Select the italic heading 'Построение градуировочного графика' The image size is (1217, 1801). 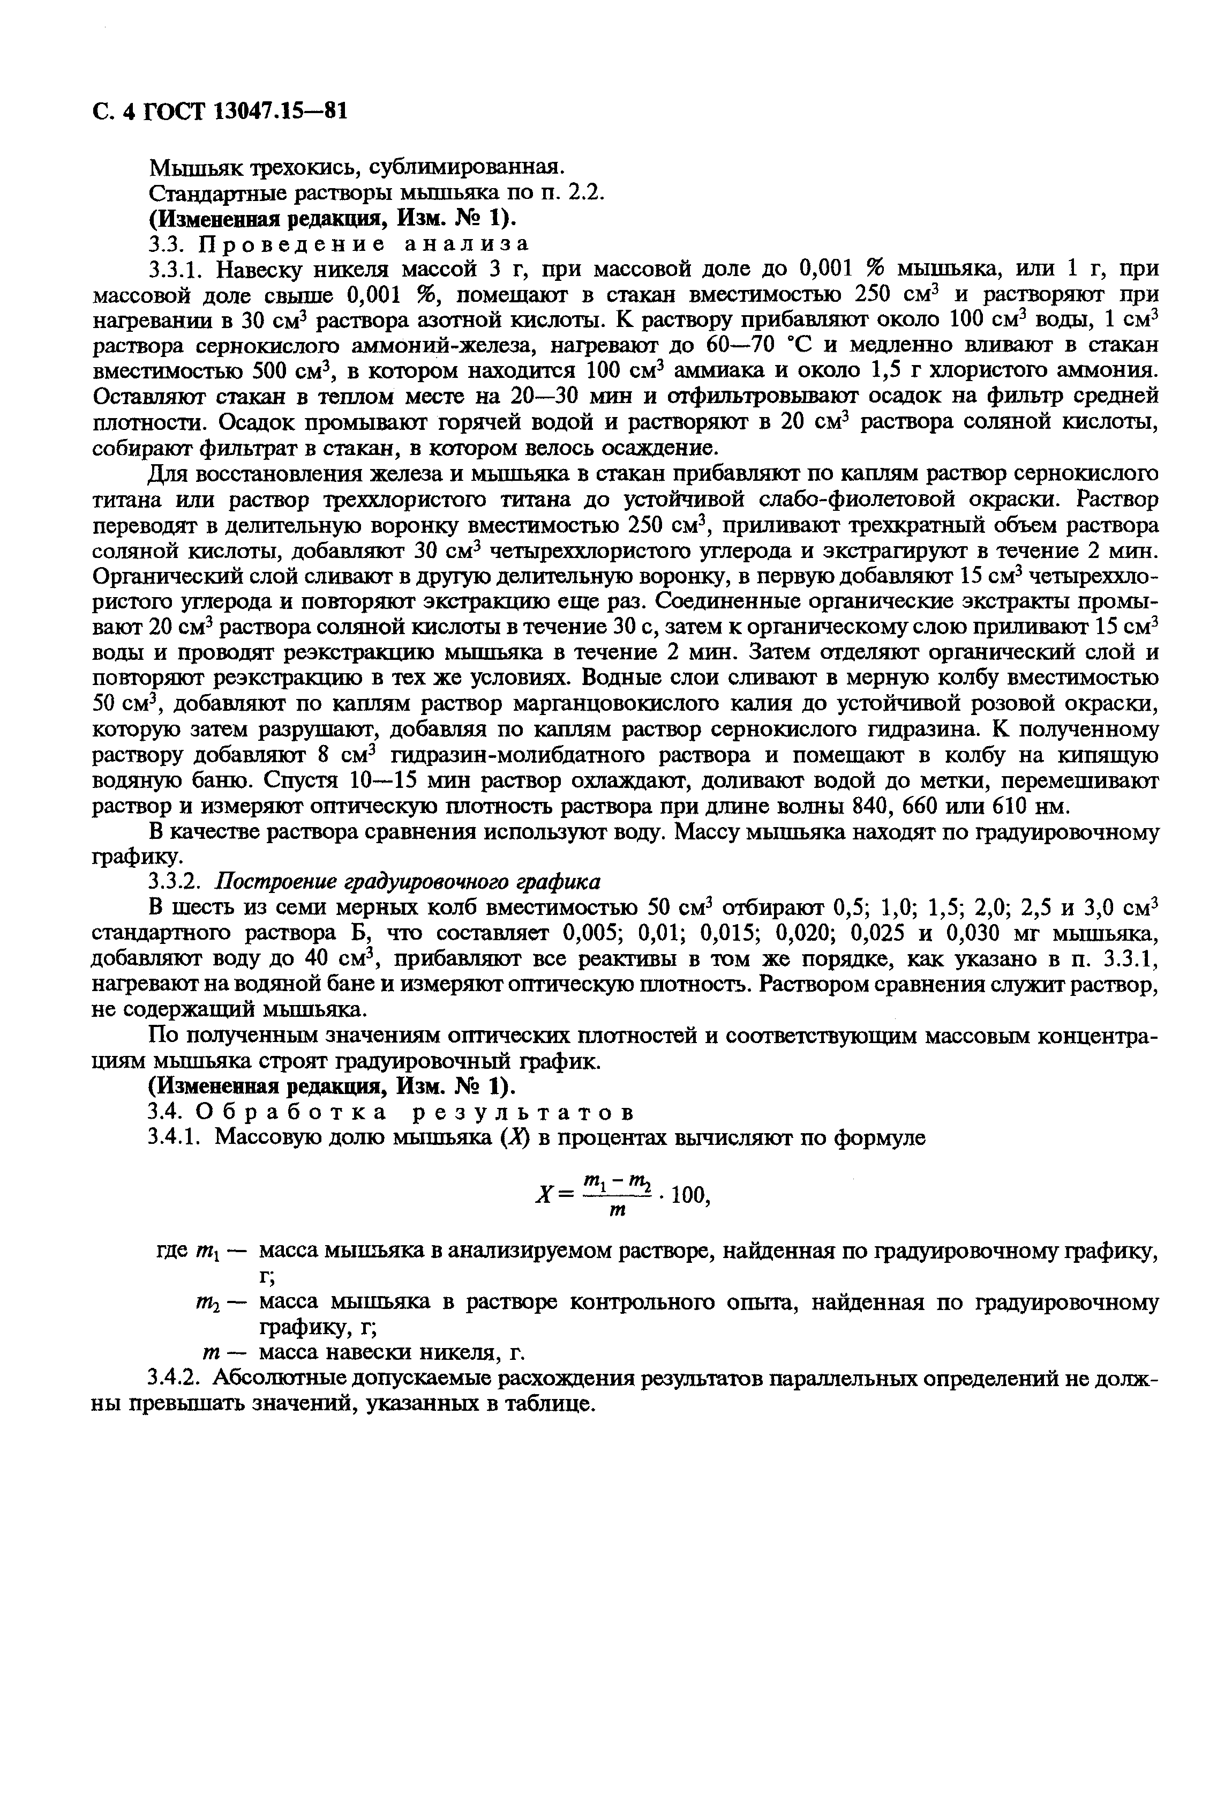[x=408, y=883]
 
